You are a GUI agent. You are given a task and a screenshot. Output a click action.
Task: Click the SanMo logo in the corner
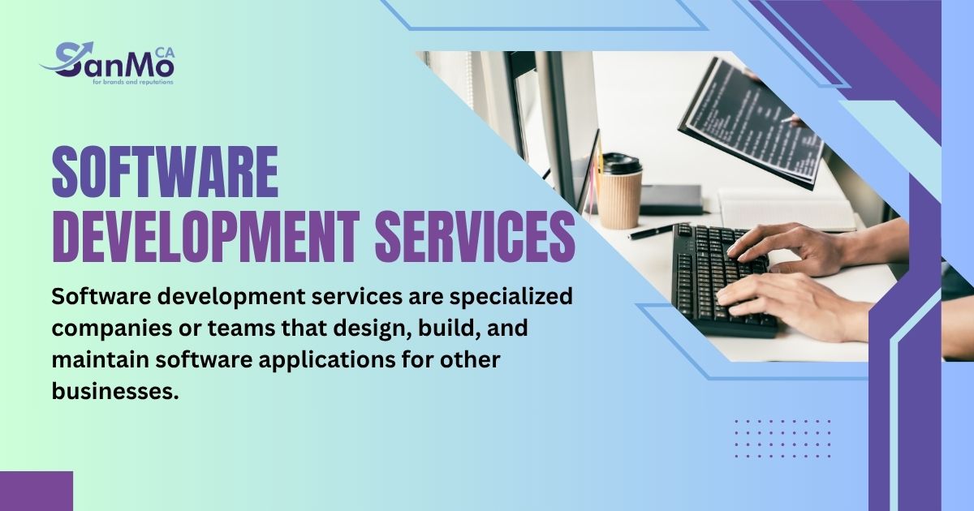(106, 62)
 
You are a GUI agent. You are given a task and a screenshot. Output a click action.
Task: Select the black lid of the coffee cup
(622, 164)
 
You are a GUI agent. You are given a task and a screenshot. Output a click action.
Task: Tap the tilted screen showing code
(751, 122)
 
